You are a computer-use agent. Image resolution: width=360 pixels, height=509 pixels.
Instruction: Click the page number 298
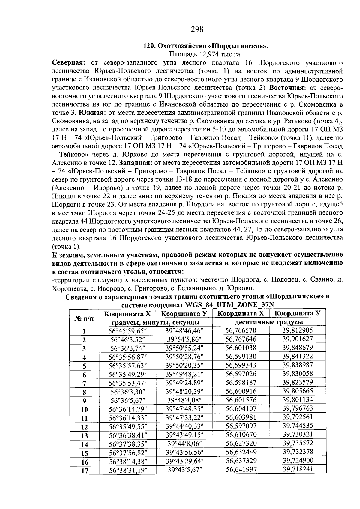click(197, 29)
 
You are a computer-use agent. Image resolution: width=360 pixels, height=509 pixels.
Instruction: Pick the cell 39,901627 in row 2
click(297, 339)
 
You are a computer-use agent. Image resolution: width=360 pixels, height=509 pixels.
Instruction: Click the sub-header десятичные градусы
click(269, 322)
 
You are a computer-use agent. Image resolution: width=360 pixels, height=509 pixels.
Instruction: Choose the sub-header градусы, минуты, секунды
click(156, 322)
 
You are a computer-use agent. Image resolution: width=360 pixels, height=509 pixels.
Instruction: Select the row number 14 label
click(85, 444)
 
